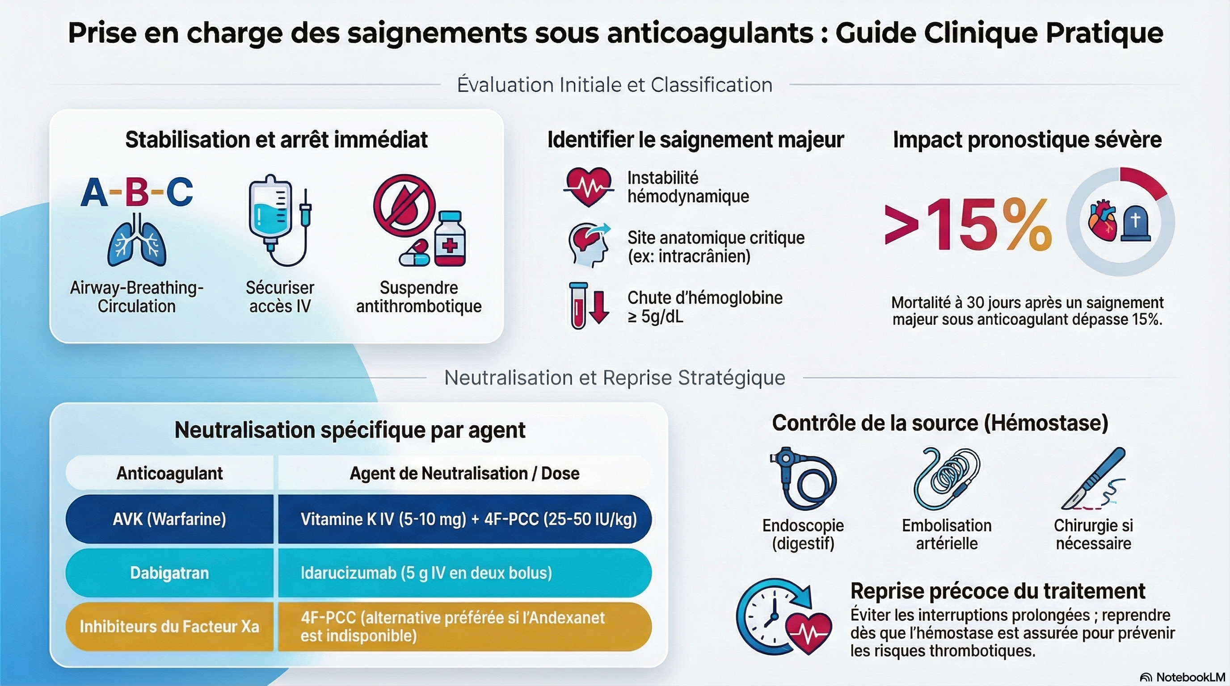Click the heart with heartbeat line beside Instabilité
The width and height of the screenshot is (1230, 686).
point(589,186)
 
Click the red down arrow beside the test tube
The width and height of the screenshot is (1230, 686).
point(599,306)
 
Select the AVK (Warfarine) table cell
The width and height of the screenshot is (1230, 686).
point(169,519)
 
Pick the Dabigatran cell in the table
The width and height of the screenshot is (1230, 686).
point(169,573)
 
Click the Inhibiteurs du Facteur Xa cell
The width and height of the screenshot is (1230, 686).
point(169,626)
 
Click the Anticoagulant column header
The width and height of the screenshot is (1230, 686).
point(169,473)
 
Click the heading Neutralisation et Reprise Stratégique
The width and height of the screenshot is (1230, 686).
point(615,378)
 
